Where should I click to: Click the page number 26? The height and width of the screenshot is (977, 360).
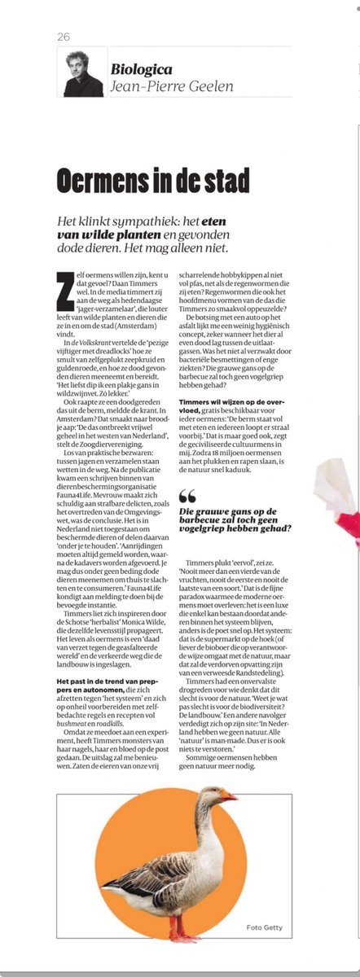(x=64, y=37)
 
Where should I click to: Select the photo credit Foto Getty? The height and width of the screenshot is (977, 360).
(x=263, y=927)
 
